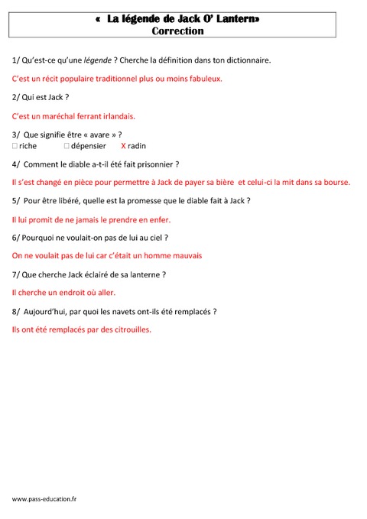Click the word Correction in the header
pos(177,31)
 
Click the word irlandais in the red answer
pos(115,116)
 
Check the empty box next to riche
pos(15,145)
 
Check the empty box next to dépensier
pos(67,145)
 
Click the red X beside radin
pos(124,145)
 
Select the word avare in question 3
pos(96,135)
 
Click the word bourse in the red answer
pos(334,182)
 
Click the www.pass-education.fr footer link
pos(44,498)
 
